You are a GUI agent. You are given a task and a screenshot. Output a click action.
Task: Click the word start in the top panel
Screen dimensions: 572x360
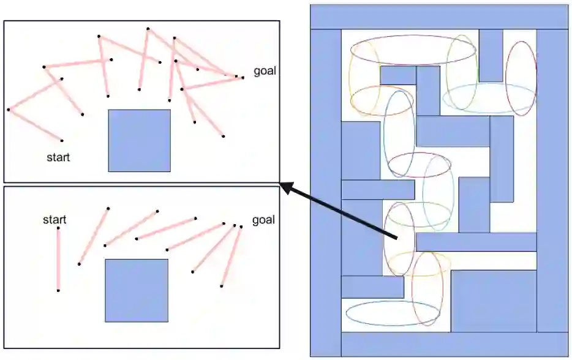58,157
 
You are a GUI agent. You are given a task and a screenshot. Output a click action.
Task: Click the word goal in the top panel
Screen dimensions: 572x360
265,70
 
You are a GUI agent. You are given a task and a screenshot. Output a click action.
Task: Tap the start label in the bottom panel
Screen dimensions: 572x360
55,220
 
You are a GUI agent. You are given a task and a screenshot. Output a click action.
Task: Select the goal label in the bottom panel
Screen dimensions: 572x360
263,220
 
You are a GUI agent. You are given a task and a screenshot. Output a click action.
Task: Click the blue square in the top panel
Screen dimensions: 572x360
139,140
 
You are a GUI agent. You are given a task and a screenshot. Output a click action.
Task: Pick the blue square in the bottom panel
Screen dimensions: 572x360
136,290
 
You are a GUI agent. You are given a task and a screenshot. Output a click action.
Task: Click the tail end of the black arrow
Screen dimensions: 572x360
397,238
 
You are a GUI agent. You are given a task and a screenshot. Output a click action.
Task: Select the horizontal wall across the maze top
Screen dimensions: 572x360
439,17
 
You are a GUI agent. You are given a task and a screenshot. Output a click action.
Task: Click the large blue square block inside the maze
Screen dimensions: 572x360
494,301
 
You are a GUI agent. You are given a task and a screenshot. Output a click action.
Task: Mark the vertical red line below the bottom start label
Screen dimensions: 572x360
58,259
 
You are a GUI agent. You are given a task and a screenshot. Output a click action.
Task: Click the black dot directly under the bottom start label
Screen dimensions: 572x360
58,228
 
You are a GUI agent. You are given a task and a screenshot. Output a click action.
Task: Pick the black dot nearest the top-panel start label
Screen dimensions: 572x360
61,140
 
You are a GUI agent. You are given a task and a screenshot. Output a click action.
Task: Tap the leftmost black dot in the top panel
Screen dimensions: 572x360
9,110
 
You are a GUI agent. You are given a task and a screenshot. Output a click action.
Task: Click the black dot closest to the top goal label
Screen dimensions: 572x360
243,77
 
